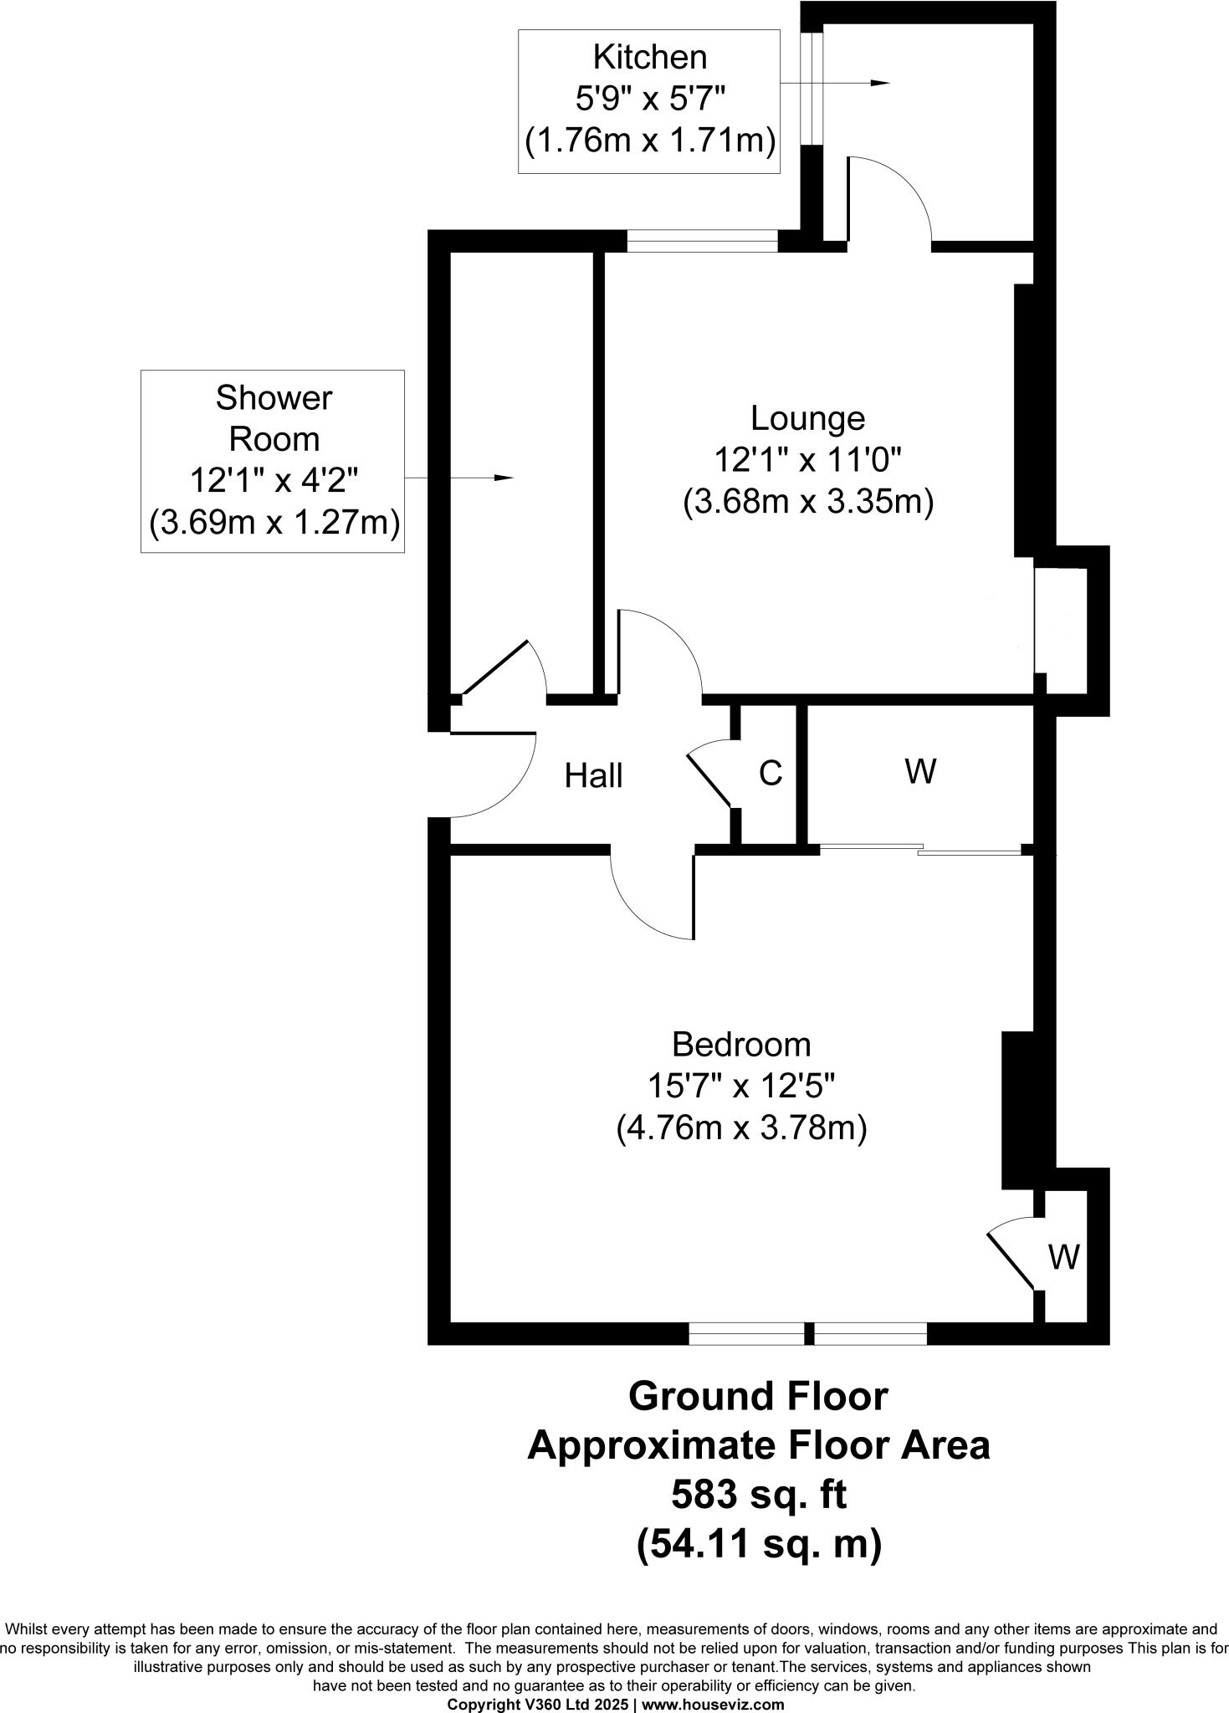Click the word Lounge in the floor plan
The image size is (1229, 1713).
(807, 417)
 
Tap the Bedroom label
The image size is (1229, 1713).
(741, 1045)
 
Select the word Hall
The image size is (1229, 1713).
(593, 776)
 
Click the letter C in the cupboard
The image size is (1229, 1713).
(771, 774)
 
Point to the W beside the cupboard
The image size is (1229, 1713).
(920, 771)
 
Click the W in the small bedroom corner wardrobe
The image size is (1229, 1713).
(1063, 1256)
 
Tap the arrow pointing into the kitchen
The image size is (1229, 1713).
(878, 83)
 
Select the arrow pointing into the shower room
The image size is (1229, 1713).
(502, 478)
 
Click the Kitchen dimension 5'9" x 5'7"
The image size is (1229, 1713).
(649, 100)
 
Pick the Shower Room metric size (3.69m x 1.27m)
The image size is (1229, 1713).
(274, 524)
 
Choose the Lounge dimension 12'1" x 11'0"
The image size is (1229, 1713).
(807, 460)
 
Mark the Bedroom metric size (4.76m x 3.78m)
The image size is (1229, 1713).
(741, 1129)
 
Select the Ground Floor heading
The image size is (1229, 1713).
(758, 1396)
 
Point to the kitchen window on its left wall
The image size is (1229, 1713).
(812, 88)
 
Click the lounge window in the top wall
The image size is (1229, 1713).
(702, 242)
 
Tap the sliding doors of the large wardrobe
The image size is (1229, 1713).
(920, 851)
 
